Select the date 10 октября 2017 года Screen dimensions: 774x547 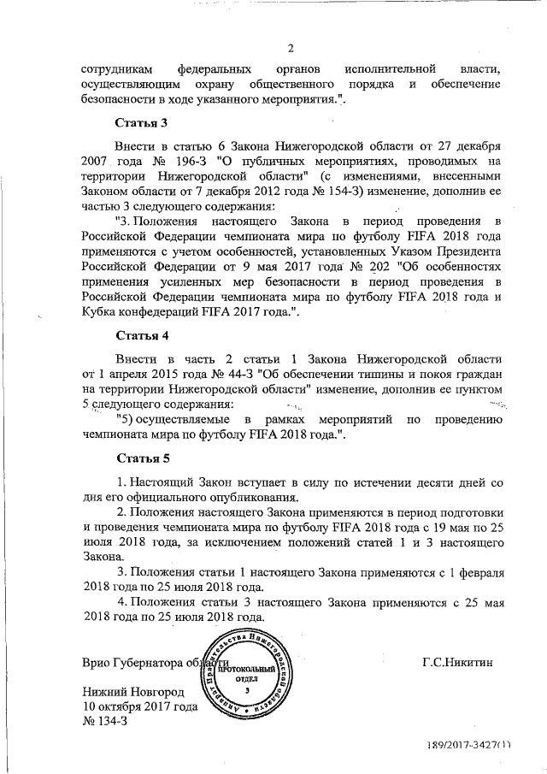coord(140,707)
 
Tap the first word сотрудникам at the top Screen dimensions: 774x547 coord(120,68)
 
